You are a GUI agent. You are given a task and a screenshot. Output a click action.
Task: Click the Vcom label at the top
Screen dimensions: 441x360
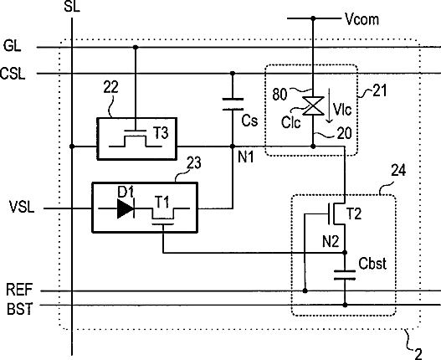(x=362, y=20)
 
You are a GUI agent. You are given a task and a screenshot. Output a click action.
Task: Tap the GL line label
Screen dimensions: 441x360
(x=13, y=45)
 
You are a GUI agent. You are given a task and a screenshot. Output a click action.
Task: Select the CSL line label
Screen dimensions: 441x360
(x=13, y=73)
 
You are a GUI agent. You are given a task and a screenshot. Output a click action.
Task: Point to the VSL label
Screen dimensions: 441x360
(x=22, y=207)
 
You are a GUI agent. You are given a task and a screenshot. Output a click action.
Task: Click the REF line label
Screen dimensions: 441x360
(x=19, y=290)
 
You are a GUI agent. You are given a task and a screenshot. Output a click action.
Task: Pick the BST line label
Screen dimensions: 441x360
(x=20, y=309)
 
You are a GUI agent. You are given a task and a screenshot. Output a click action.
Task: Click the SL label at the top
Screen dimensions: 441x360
(x=72, y=6)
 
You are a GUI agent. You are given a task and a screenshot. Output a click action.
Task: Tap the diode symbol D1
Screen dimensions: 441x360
(x=126, y=208)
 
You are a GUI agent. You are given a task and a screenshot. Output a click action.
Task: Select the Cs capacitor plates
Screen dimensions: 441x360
(x=233, y=104)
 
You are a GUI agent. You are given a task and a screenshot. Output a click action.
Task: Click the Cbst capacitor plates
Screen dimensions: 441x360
(x=345, y=275)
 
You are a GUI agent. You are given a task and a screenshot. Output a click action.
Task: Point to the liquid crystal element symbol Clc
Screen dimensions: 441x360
(x=313, y=105)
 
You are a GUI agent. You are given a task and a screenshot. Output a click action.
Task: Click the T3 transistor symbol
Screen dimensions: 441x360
(x=136, y=139)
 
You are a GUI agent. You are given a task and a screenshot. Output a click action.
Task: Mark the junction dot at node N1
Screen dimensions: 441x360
(x=233, y=147)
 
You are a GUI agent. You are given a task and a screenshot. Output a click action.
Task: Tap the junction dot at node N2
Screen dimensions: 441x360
(x=345, y=253)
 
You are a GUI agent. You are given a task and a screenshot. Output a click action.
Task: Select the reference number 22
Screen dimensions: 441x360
(x=110, y=87)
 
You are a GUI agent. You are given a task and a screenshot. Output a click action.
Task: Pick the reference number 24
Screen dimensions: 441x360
(x=398, y=170)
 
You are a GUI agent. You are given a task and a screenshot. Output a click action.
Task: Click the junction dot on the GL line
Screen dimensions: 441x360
(x=136, y=47)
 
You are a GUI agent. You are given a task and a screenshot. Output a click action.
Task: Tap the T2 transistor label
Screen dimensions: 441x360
(x=354, y=214)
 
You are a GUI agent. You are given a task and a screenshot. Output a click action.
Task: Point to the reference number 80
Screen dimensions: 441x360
(x=279, y=95)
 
